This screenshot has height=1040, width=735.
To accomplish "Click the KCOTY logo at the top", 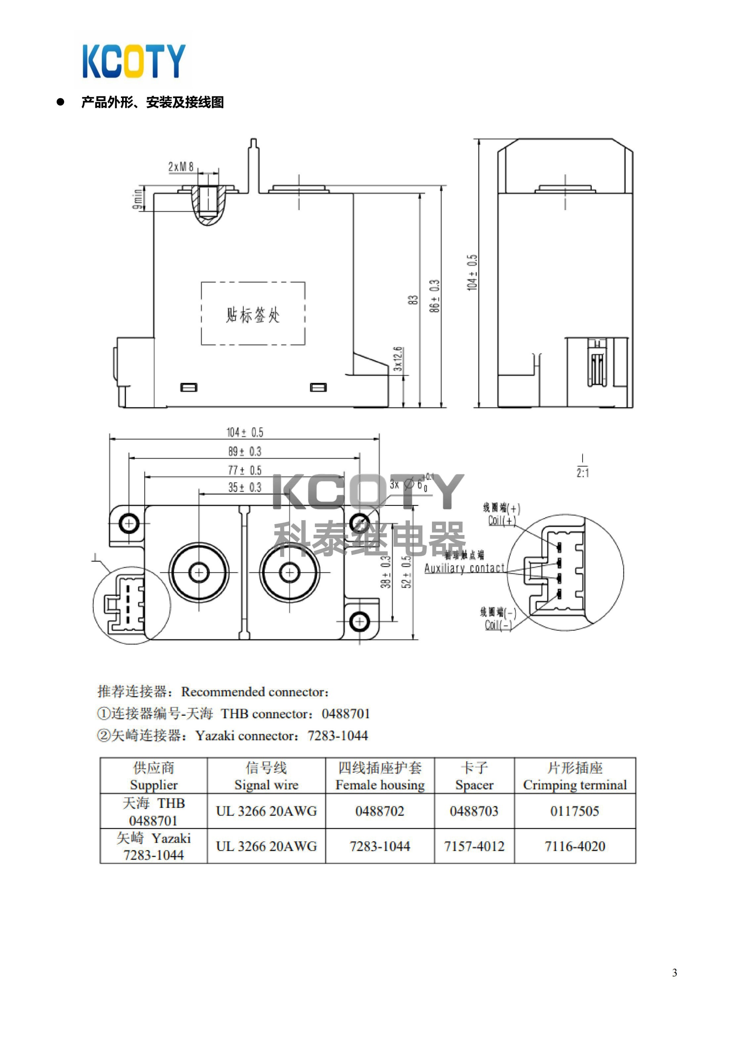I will click(134, 61).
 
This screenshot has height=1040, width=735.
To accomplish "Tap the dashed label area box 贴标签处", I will click(253, 313).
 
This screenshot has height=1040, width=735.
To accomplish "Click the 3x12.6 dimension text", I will click(397, 359).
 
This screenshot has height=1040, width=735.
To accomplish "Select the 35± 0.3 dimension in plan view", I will click(244, 487).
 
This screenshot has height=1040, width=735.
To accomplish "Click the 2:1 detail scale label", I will click(583, 473).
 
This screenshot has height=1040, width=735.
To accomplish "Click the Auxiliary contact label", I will click(464, 568).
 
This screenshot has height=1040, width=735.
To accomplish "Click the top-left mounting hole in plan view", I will click(129, 523).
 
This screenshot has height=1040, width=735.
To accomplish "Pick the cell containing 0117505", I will click(575, 811).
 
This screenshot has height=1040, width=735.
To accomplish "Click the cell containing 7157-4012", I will click(474, 846).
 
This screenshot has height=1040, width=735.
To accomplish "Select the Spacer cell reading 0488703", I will click(474, 811).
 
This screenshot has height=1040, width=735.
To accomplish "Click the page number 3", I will click(674, 972).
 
